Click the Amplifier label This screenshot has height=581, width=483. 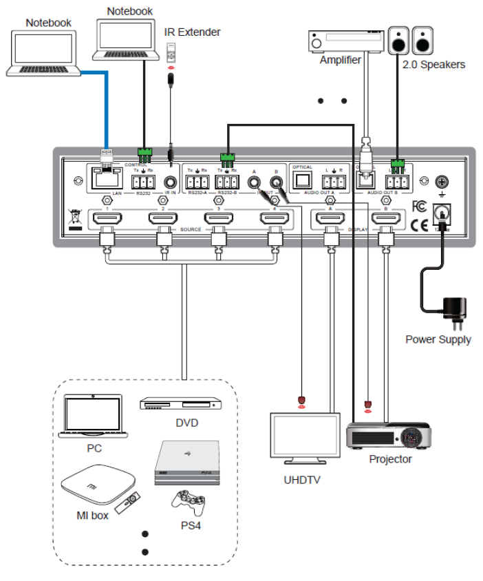(340, 60)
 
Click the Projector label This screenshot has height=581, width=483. (390, 459)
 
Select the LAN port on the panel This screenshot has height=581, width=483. (104, 180)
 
